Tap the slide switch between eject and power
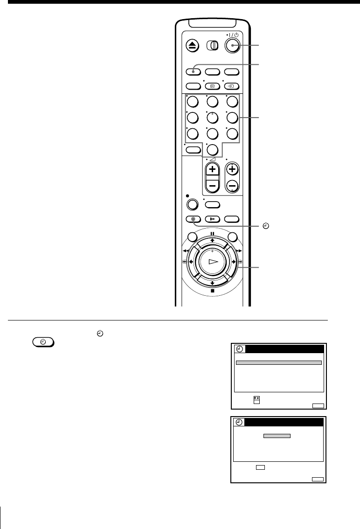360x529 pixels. coord(213,45)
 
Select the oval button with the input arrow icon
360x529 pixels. coord(232,86)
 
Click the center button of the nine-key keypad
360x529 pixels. coord(213,118)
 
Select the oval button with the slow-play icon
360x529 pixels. coord(213,219)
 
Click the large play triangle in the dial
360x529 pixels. coord(213,263)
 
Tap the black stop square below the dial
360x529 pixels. coord(213,291)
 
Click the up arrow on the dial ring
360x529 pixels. coord(213,241)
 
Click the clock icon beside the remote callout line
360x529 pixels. coord(266,226)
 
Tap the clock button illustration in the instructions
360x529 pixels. coord(42,341)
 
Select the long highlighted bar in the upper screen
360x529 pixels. coord(278,362)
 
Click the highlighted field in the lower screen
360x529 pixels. coord(277,436)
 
